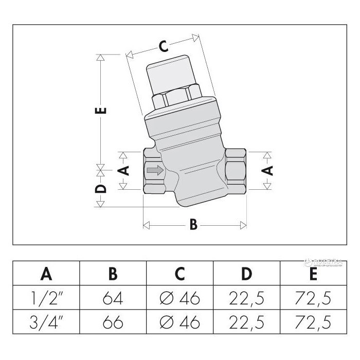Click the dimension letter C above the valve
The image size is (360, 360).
163,47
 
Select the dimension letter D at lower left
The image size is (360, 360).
101,188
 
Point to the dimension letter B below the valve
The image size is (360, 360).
193,225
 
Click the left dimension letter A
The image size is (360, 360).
123,170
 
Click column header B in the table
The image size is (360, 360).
113,273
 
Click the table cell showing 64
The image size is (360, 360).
113,298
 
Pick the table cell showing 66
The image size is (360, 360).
113,322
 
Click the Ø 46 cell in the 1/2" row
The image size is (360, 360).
180,298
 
